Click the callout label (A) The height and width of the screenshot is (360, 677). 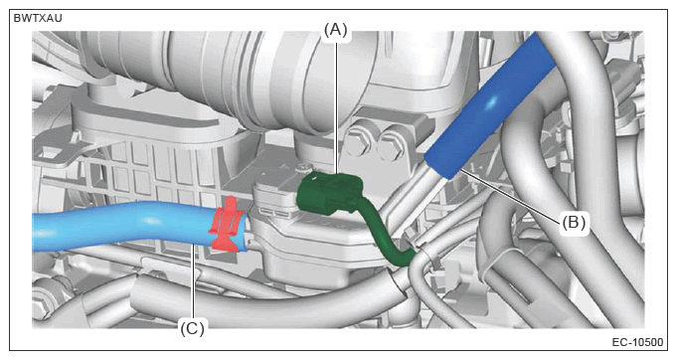click(335, 30)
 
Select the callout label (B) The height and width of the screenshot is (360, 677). click(574, 223)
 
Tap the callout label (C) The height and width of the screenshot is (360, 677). click(192, 329)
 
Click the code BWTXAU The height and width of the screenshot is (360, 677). click(38, 19)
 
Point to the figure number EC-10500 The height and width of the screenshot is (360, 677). click(637, 342)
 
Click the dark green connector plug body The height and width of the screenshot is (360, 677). click(330, 193)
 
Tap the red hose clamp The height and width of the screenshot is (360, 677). click(229, 225)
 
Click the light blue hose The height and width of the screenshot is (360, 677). click(129, 227)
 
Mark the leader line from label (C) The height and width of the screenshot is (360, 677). click(194, 282)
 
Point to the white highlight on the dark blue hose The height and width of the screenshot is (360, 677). click(492, 103)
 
